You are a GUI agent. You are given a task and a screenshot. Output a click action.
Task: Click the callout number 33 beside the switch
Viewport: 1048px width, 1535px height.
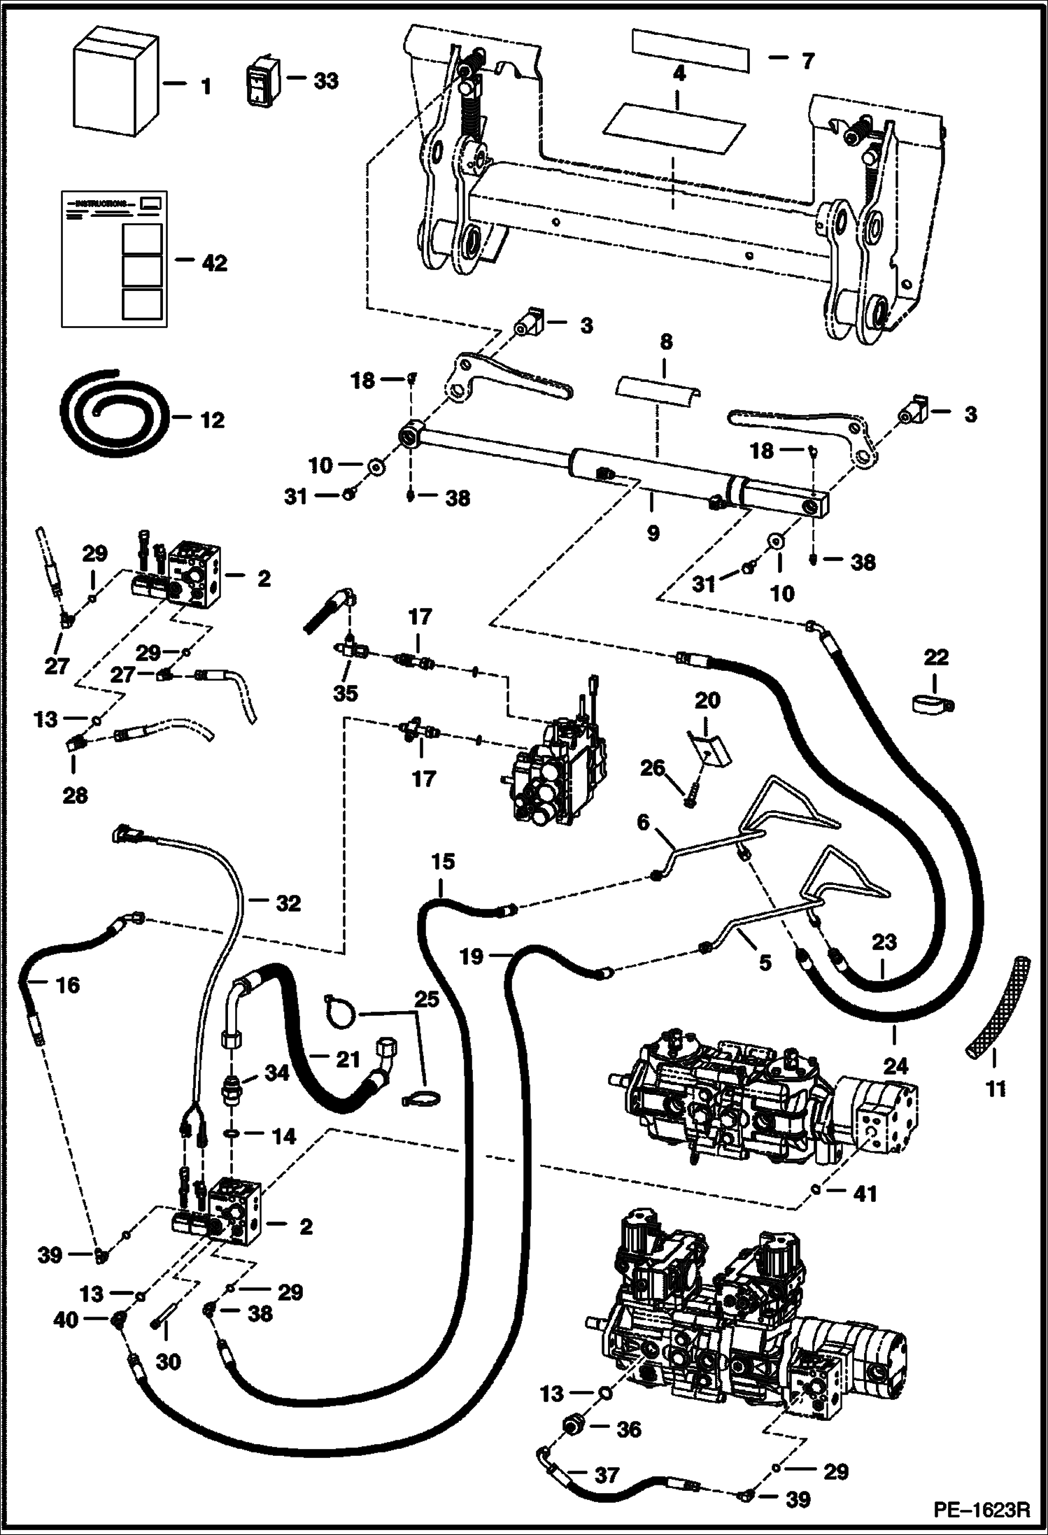(x=325, y=81)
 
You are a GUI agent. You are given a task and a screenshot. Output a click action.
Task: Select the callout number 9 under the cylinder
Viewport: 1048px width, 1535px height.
(x=652, y=534)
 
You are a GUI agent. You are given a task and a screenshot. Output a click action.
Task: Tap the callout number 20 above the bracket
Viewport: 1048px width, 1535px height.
(x=707, y=700)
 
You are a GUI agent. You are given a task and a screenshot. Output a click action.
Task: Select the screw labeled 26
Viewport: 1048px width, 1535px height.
(x=690, y=795)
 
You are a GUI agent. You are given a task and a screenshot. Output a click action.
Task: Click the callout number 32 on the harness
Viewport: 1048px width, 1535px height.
(x=288, y=903)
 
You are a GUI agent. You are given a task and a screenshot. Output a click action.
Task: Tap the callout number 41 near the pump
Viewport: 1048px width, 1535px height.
(x=865, y=1193)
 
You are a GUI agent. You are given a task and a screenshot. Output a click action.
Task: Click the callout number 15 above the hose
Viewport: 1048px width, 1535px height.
(x=442, y=862)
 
